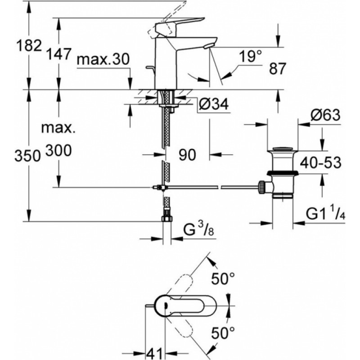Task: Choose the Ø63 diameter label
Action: (x=324, y=116)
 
